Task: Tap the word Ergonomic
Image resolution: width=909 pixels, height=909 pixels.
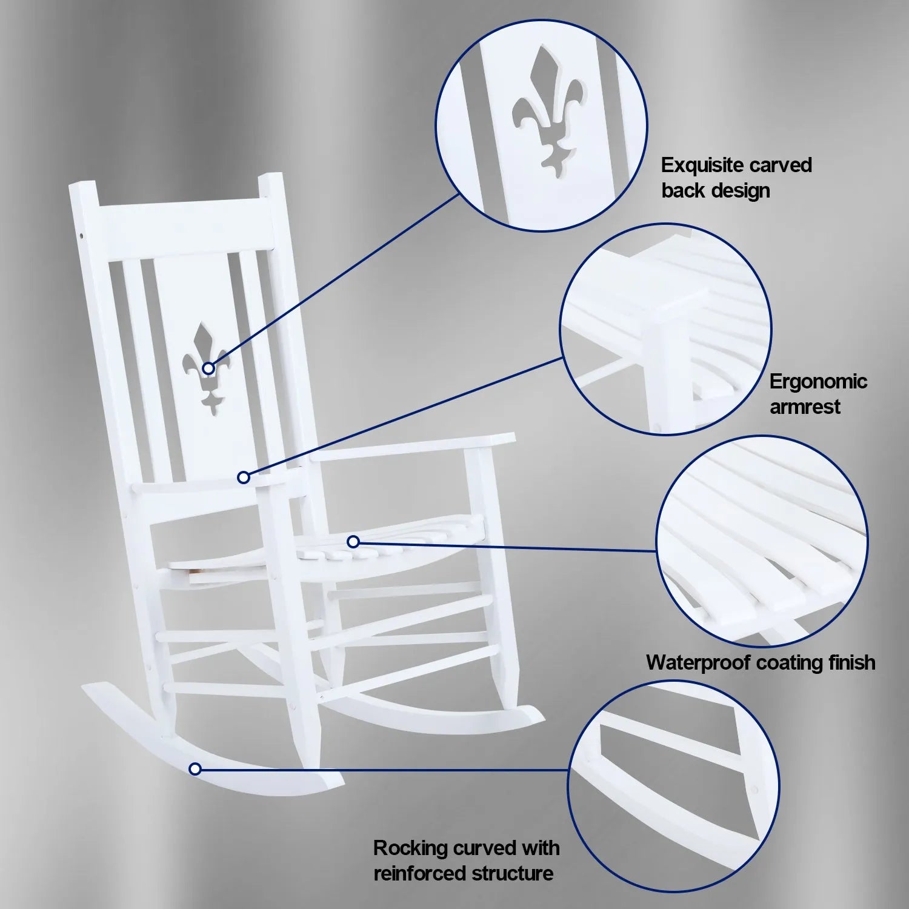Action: click(x=818, y=382)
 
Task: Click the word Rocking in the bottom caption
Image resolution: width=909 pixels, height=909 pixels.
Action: click(x=410, y=848)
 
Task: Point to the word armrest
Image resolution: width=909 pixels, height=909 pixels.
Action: click(x=804, y=407)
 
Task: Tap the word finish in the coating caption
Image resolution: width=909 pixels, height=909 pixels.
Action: click(x=851, y=662)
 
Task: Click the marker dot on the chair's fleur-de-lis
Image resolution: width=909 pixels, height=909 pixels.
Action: click(x=208, y=368)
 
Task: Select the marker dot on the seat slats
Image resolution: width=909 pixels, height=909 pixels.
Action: click(x=353, y=541)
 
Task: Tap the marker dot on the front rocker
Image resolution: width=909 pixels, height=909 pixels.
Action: click(x=195, y=769)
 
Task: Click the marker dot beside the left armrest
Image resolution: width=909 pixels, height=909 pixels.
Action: click(x=244, y=478)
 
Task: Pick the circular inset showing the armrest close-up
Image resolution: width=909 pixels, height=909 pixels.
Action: click(x=665, y=330)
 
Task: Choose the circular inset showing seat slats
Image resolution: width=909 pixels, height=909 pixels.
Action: click(x=762, y=542)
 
